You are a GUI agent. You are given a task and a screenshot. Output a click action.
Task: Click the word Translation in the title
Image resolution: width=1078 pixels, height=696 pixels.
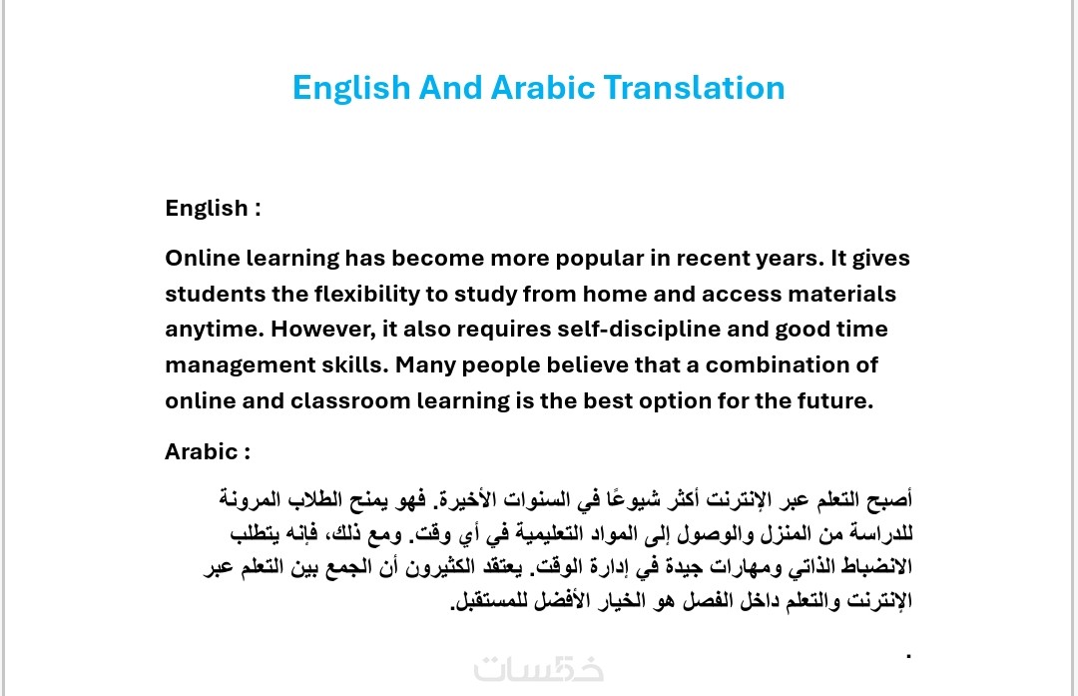[694, 87]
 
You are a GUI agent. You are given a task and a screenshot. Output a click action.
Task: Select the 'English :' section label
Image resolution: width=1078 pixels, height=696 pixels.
[214, 208]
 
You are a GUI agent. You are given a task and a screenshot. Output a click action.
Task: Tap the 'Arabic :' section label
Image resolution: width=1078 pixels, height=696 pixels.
[208, 451]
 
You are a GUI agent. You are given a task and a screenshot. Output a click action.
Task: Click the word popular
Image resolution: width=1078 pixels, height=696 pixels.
[600, 260]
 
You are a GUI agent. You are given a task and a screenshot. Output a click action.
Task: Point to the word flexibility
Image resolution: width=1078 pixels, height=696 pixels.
[367, 295]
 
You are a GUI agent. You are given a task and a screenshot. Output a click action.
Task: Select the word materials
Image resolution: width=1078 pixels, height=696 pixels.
[841, 294]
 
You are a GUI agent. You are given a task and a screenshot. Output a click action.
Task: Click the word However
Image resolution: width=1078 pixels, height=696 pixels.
[323, 330]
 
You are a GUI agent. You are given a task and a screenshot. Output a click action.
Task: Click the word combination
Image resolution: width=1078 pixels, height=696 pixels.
[777, 364]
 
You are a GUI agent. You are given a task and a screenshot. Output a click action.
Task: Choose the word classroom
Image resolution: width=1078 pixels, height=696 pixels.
[350, 400]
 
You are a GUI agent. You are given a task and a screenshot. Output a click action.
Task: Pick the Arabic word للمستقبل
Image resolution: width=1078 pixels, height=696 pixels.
[486, 600]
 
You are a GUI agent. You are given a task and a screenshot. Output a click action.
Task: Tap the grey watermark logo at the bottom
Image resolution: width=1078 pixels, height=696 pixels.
[539, 669]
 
